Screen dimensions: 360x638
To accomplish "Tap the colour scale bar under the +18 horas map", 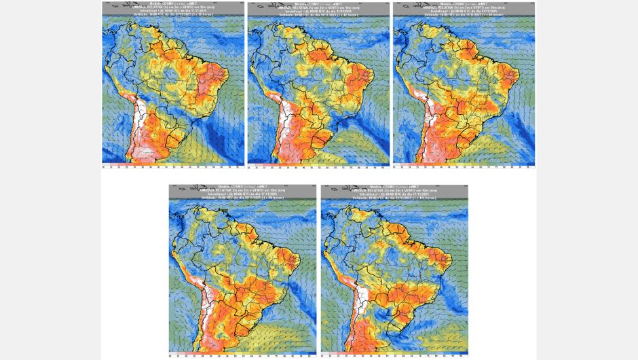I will (173, 165).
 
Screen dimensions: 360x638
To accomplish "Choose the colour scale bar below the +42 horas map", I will (318, 165).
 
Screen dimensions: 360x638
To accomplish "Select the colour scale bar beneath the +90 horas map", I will (243, 355).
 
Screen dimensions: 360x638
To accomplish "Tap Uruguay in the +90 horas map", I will (251, 325).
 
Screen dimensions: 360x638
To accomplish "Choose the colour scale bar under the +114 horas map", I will (394, 355).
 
